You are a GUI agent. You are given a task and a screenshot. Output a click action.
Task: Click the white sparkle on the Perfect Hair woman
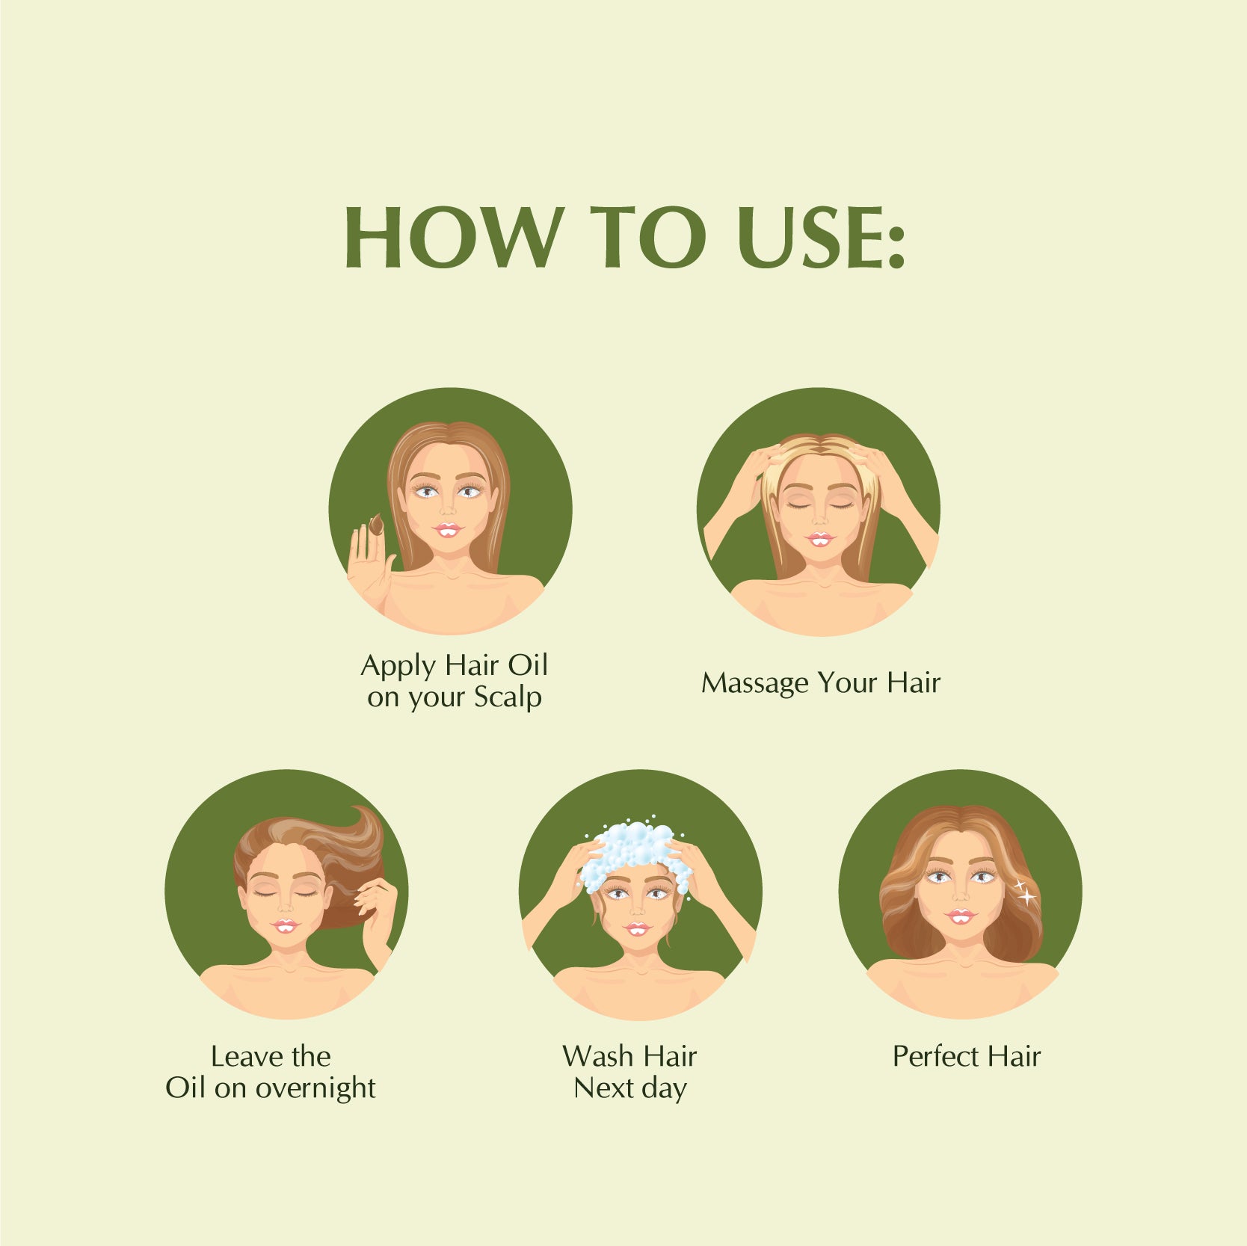coord(1026,892)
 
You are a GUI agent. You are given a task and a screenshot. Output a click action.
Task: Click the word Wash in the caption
coord(596,1056)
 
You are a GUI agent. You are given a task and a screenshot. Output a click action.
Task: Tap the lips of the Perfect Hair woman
coord(961,916)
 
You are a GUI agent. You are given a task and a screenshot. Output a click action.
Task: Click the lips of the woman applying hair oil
coord(448,530)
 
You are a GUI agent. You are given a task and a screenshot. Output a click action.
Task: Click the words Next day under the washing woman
coord(630,1089)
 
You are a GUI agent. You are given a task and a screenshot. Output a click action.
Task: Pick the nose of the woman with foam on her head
coord(636,907)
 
